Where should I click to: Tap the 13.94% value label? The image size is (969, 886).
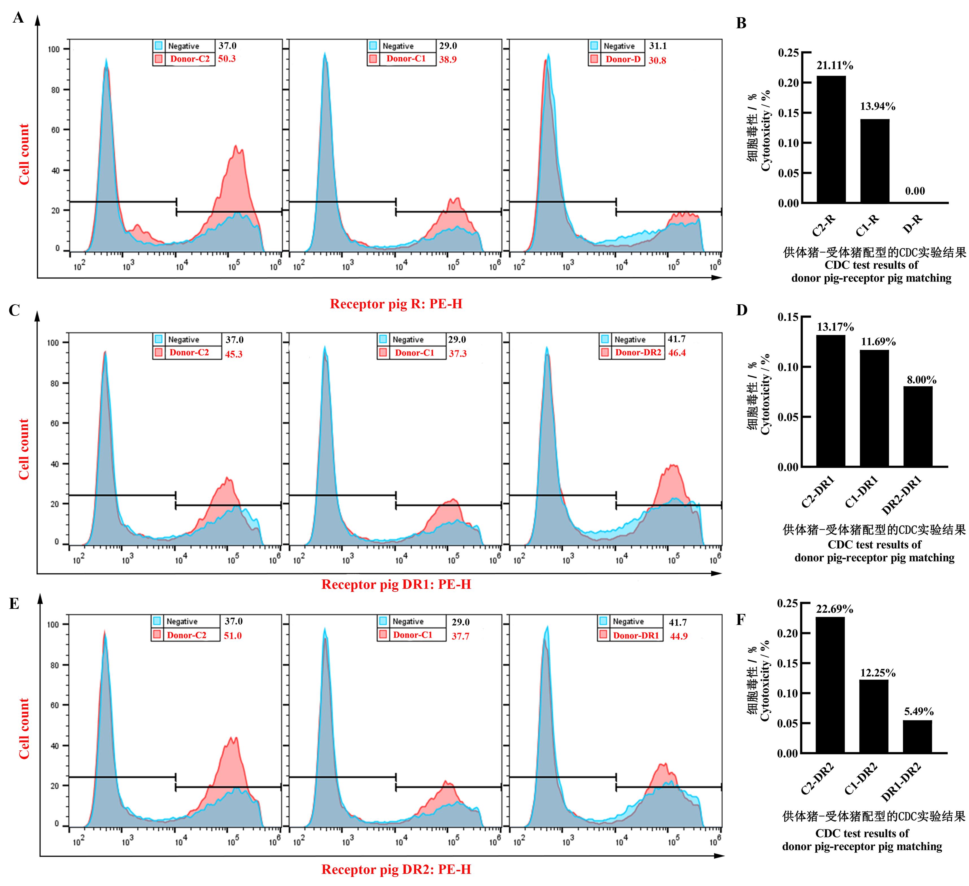(x=878, y=106)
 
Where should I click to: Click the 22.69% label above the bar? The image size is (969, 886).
(x=834, y=609)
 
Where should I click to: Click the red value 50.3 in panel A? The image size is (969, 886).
(x=227, y=59)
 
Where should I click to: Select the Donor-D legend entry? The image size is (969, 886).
(x=623, y=59)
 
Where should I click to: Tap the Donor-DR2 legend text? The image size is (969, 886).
(x=638, y=353)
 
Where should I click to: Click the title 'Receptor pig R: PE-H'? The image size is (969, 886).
(x=396, y=304)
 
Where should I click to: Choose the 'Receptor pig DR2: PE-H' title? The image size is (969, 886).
(x=396, y=869)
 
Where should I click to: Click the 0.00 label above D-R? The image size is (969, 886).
(x=915, y=191)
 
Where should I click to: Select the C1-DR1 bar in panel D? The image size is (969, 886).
(x=874, y=408)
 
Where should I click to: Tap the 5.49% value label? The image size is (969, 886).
(x=918, y=711)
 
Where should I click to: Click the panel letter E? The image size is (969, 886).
(x=14, y=604)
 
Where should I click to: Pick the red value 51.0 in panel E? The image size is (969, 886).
(x=233, y=635)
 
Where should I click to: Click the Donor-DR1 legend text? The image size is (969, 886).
(x=636, y=635)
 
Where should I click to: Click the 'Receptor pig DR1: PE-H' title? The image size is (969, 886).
(x=396, y=585)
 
